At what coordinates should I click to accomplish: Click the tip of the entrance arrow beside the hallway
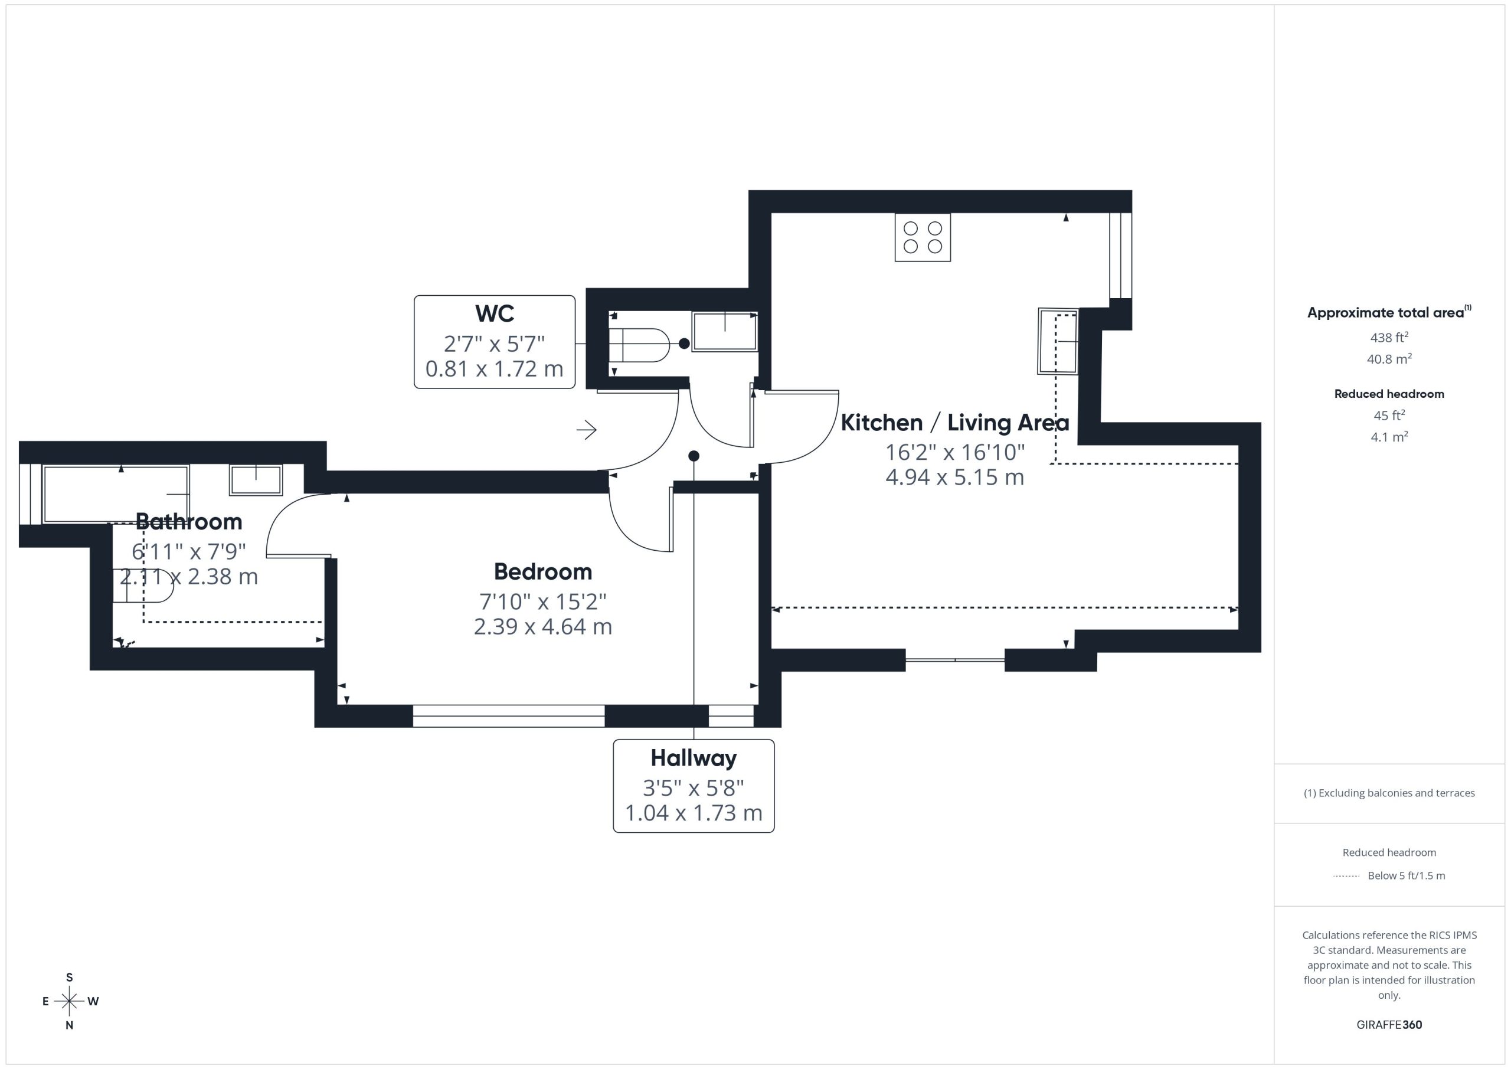click(596, 430)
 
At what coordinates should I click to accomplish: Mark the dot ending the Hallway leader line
click(694, 456)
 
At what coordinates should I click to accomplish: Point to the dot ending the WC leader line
click(685, 344)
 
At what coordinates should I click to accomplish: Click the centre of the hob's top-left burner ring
click(911, 228)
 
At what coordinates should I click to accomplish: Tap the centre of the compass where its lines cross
click(69, 1001)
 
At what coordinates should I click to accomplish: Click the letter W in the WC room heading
click(485, 313)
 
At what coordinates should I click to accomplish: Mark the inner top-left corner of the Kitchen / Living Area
click(771, 213)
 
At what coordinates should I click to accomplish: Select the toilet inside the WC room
click(639, 345)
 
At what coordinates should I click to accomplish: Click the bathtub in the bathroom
click(116, 493)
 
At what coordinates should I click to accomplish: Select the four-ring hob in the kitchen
click(923, 238)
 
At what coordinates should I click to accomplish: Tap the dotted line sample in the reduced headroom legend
click(1346, 876)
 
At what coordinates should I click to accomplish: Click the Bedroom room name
click(543, 571)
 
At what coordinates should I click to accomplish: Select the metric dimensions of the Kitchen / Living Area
click(955, 477)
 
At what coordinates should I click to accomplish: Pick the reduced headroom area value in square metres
click(1389, 436)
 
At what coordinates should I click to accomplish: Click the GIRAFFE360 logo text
click(1389, 1025)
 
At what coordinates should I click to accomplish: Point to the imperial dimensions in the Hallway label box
click(694, 787)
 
